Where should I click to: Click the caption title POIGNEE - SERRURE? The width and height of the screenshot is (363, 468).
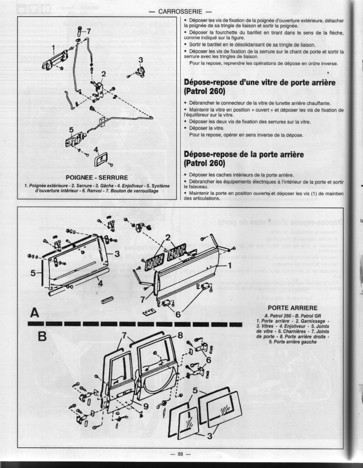[96, 178]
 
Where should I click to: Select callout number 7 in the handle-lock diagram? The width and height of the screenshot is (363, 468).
[89, 31]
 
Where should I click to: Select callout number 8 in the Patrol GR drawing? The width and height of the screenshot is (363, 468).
[180, 335]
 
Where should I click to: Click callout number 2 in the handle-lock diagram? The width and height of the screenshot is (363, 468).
[103, 73]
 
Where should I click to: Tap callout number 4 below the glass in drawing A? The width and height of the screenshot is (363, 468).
[100, 283]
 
